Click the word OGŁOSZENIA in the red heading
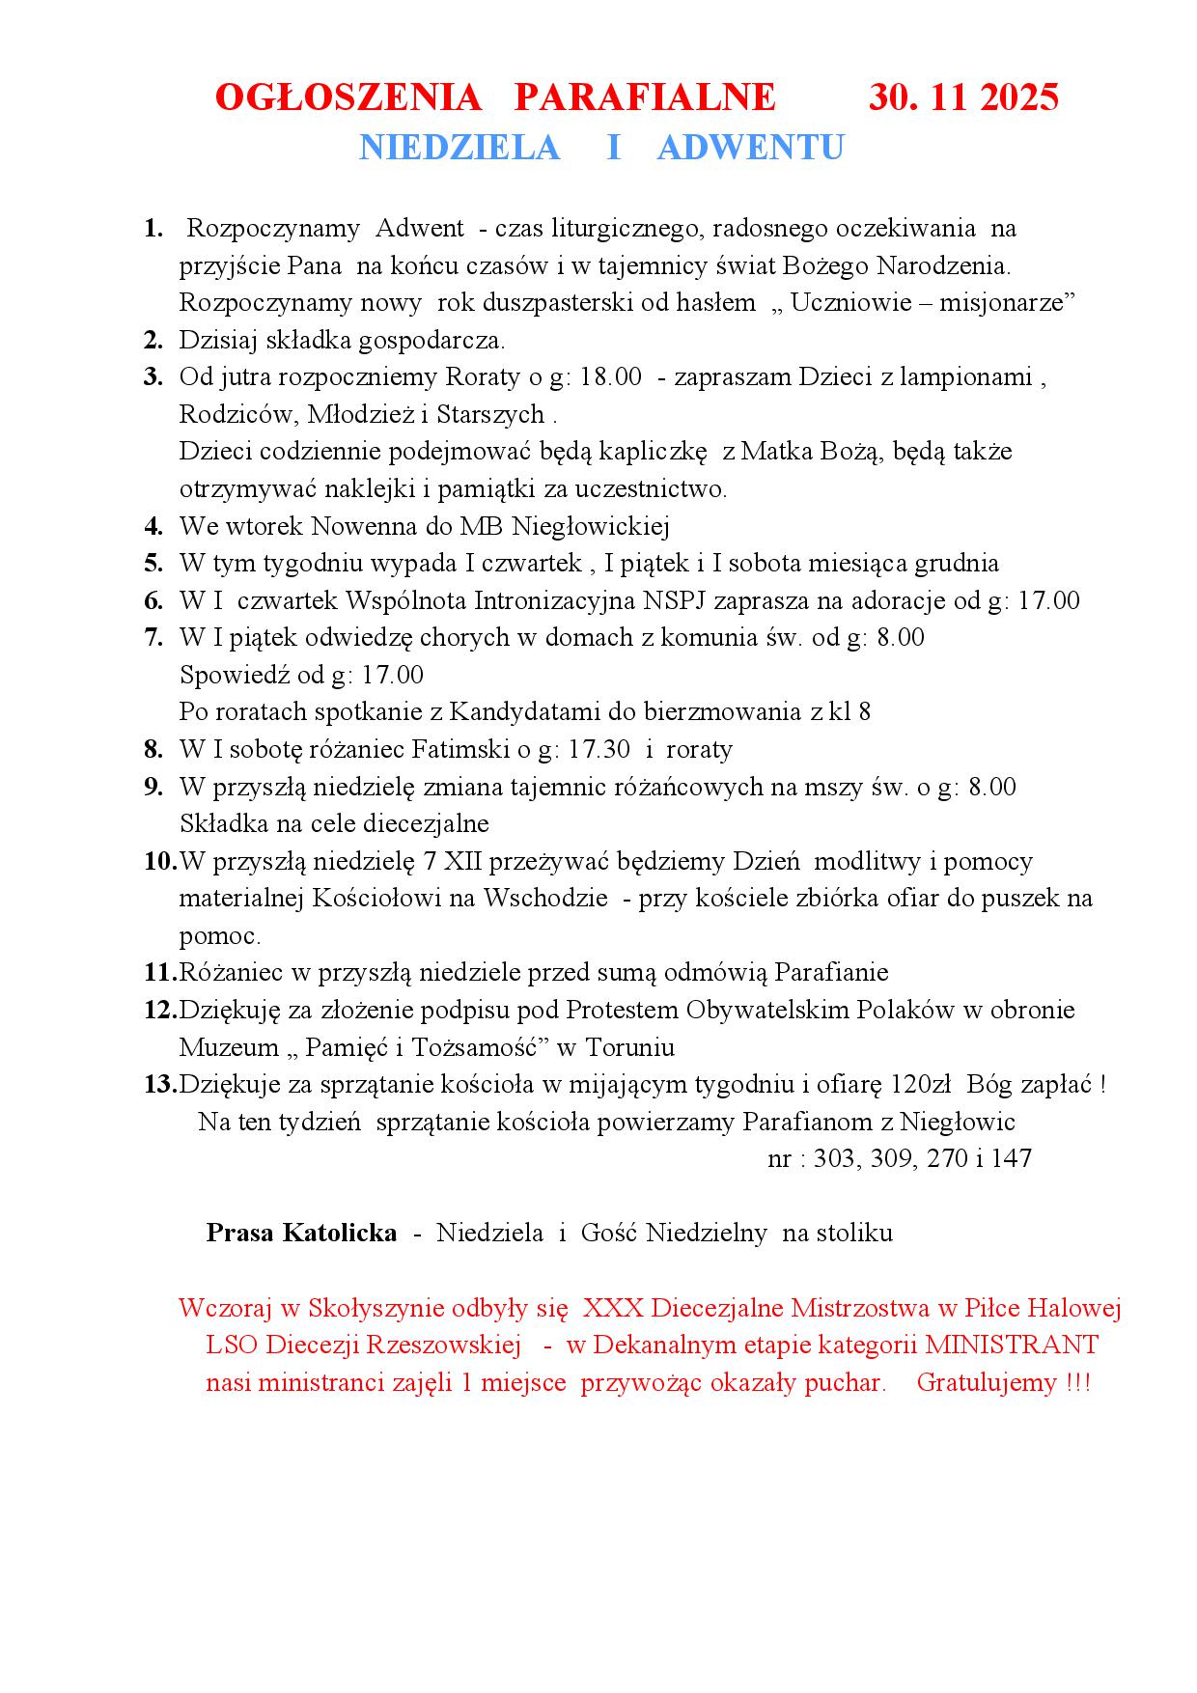click(x=348, y=97)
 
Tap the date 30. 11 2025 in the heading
click(x=963, y=97)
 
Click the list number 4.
click(x=153, y=527)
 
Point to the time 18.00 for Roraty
click(x=611, y=377)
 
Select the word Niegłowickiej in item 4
click(x=590, y=527)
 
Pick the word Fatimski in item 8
click(x=457, y=750)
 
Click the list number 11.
click(x=159, y=973)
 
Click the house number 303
click(x=834, y=1159)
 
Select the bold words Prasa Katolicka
click(x=301, y=1234)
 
